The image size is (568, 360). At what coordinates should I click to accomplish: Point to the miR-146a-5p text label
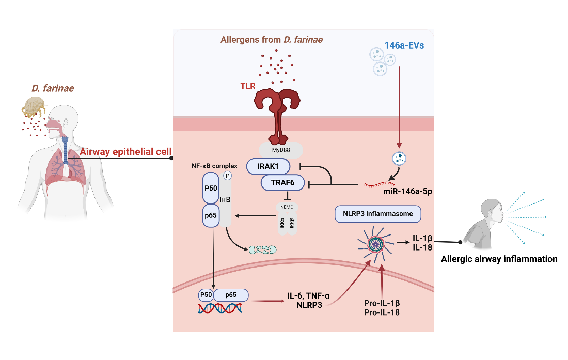click(407, 191)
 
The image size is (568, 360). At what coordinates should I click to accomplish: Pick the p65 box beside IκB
click(211, 216)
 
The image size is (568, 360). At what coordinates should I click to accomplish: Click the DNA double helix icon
click(219, 309)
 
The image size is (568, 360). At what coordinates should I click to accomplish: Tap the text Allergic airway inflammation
click(499, 259)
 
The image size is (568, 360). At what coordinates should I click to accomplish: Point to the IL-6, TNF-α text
click(309, 296)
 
